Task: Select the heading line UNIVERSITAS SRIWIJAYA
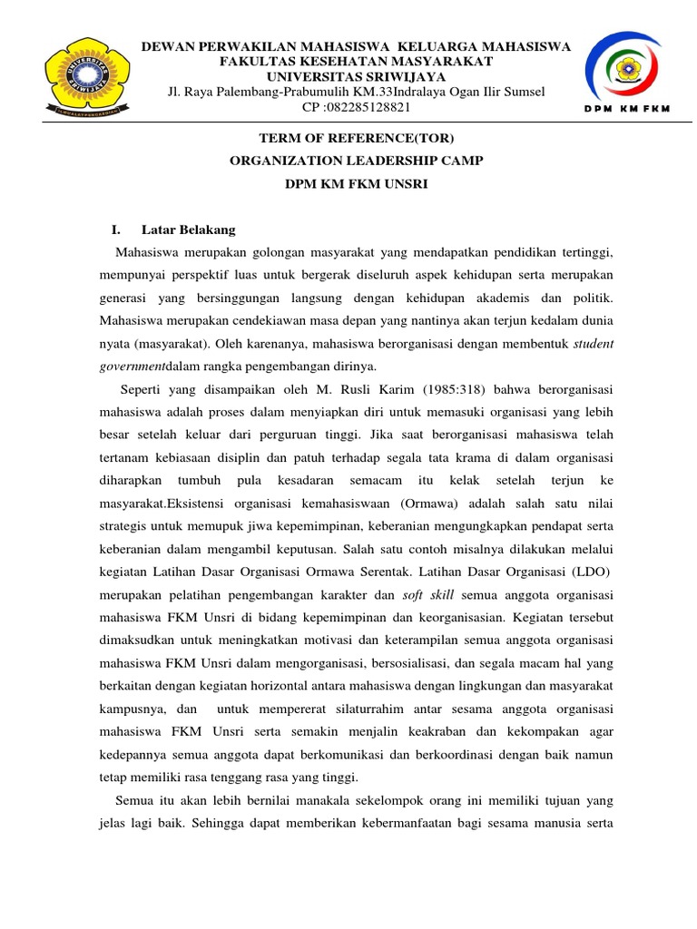355,76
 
